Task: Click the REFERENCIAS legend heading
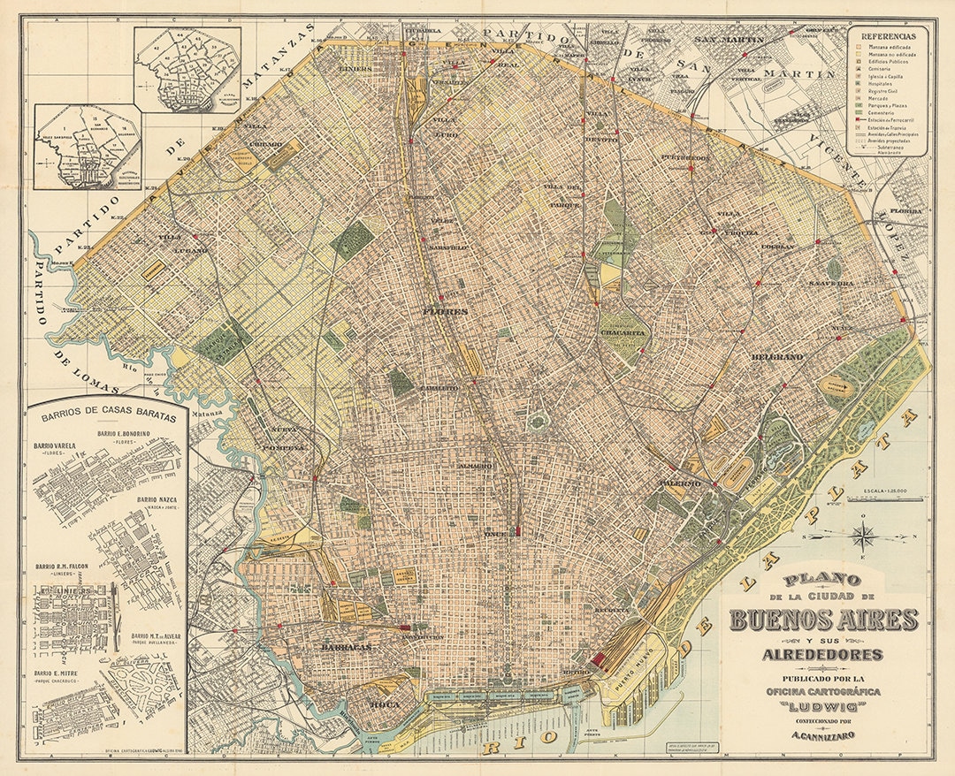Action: coord(889,36)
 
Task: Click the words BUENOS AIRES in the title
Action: coord(824,620)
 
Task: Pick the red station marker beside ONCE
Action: coord(518,531)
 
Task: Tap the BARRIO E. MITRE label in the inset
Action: coord(56,673)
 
